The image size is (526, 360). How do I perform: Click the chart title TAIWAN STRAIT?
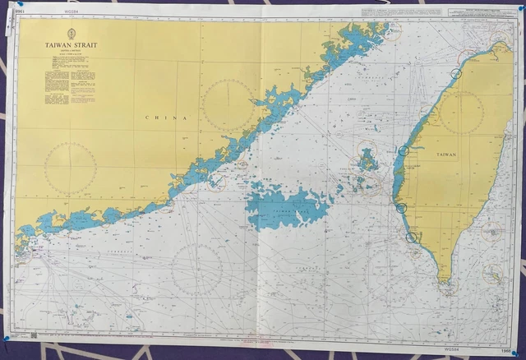71,46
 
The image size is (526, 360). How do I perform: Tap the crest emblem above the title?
71,35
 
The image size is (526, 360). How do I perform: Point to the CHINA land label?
166,118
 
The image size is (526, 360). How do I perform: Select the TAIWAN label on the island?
447,155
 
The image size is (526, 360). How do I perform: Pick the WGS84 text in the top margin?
57,12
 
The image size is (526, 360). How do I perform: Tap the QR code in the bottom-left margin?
33,335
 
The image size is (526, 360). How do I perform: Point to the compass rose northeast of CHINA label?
228,104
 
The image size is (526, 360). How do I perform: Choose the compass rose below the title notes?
71,168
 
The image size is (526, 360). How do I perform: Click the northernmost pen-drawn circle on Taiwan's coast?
457,73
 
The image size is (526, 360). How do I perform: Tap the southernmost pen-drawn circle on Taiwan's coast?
411,238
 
